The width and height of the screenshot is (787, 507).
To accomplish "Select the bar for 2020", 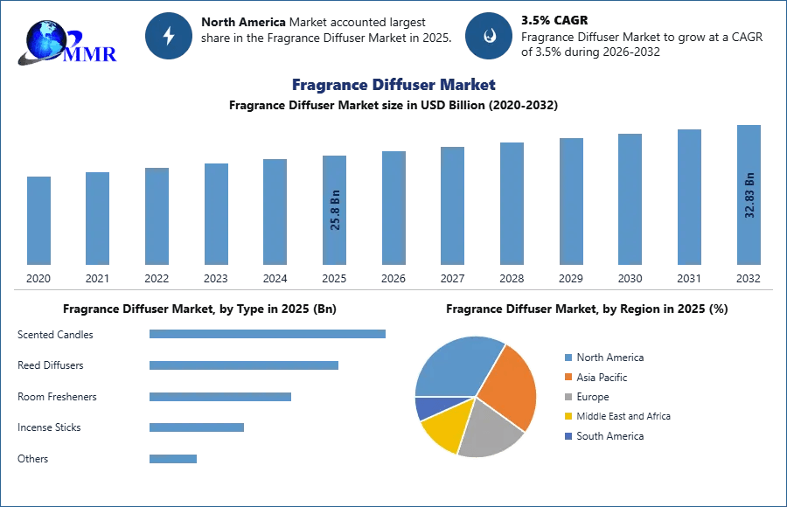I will [38, 220].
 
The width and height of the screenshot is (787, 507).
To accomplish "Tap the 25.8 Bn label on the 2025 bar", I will [335, 210].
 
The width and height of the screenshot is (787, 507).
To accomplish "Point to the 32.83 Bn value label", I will [749, 195].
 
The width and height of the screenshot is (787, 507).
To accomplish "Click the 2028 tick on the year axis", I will [512, 278].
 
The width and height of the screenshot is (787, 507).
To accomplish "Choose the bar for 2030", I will [630, 199].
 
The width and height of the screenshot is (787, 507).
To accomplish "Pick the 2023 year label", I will [216, 278].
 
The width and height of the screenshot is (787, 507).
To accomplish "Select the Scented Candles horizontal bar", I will [267, 334].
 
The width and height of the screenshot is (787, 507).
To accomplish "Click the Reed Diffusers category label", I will [50, 365].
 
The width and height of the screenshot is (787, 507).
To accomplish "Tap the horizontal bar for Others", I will [172, 459].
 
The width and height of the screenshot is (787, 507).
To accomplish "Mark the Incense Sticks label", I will [48, 427].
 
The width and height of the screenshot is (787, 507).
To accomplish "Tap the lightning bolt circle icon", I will [169, 36].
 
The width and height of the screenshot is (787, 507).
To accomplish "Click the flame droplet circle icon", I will [489, 36].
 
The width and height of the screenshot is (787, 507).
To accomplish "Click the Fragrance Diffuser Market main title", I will [393, 85].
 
